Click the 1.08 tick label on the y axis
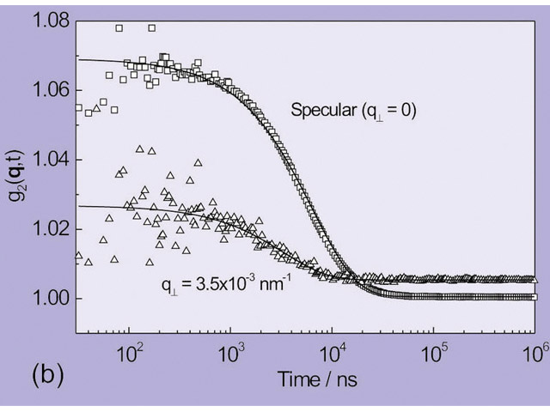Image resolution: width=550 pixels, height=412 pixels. tap(52, 19)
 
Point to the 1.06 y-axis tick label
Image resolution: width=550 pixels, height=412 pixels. tap(52, 89)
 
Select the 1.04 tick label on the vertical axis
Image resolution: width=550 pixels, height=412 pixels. tap(52, 160)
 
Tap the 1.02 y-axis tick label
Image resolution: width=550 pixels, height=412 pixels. tap(52, 229)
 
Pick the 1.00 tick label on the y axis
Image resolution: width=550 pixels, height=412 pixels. tap(52, 299)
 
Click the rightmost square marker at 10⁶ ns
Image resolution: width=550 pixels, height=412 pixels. tap(534, 297)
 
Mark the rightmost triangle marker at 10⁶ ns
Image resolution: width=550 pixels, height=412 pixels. tap(533, 279)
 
